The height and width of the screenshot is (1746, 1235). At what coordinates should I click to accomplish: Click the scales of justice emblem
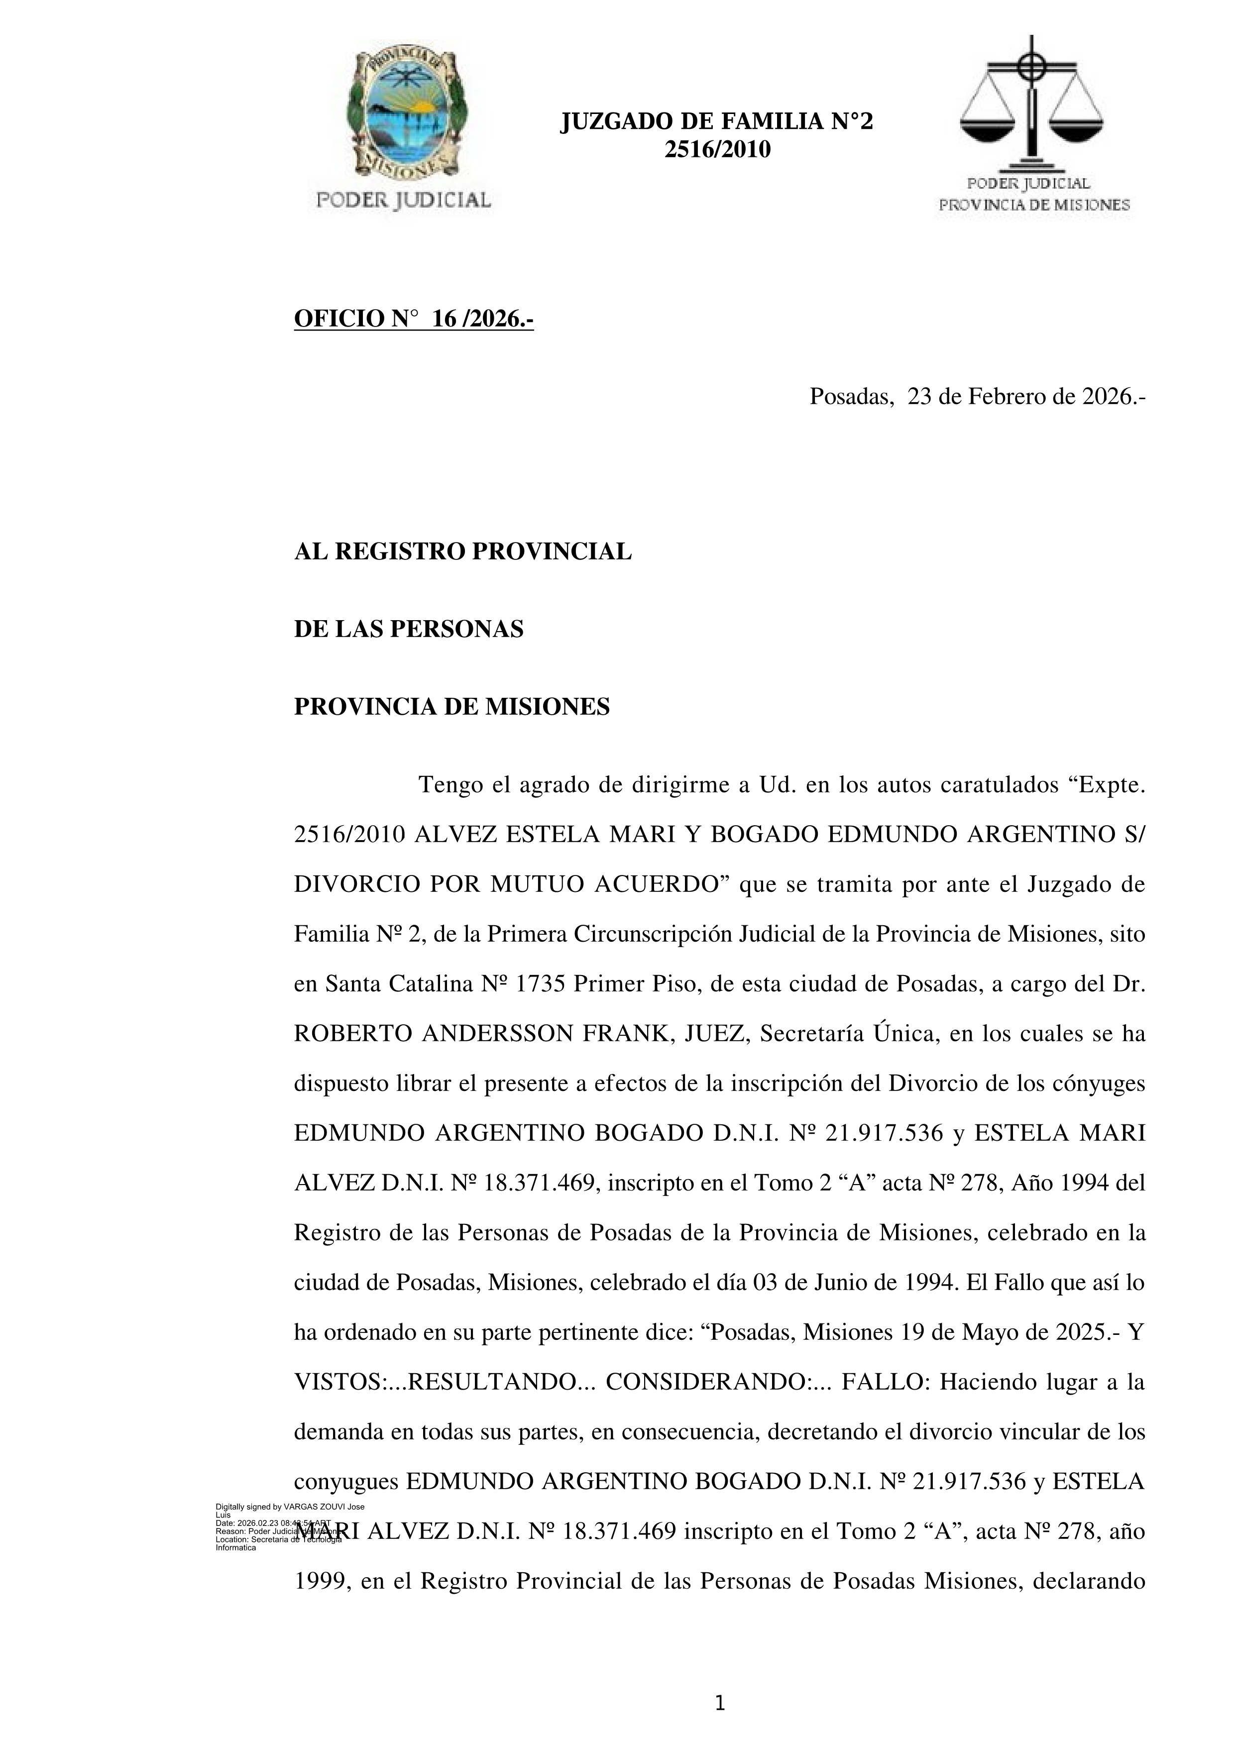(1031, 103)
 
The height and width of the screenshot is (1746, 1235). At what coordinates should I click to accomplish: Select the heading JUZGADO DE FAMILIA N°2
(716, 121)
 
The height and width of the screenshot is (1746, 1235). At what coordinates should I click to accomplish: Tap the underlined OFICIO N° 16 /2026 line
(414, 320)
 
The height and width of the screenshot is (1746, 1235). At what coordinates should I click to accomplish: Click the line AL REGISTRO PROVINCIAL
(462, 552)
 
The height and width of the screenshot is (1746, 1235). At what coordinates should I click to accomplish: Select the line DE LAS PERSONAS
(408, 630)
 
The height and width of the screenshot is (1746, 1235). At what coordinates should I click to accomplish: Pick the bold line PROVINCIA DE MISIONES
(451, 707)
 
